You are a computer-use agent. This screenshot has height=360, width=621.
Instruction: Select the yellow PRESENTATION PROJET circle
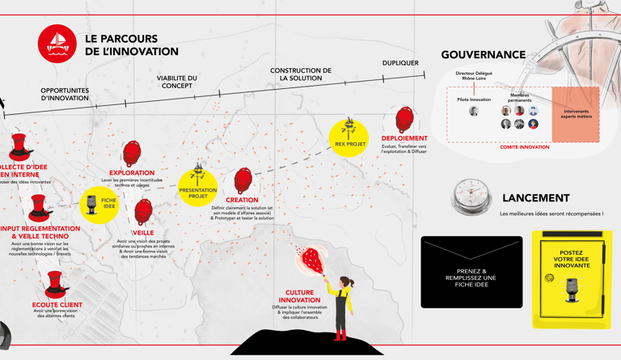coord(197,188)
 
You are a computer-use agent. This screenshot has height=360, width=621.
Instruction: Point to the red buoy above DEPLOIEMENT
coord(404,121)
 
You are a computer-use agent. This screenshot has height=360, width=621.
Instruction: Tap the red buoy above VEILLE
coord(143,212)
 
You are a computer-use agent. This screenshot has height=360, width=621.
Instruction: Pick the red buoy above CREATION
coord(243,180)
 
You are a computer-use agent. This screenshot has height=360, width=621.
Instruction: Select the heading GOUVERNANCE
coord(483,55)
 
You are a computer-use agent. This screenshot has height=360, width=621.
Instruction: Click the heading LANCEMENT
coord(535,198)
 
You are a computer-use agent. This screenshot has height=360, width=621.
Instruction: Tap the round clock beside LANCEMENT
coord(471,197)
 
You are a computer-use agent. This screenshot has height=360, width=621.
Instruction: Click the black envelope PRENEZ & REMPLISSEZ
coord(471,273)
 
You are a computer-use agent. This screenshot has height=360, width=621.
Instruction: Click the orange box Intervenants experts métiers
coord(576,114)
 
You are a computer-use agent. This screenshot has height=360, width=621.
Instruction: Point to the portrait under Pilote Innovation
coord(474,111)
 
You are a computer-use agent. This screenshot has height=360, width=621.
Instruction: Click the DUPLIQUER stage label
coord(400,63)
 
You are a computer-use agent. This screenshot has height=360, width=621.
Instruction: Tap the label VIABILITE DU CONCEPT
coord(177,82)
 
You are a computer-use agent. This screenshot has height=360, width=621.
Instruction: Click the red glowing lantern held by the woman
coord(310,259)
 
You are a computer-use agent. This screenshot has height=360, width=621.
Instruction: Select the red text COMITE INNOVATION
coord(524,147)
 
